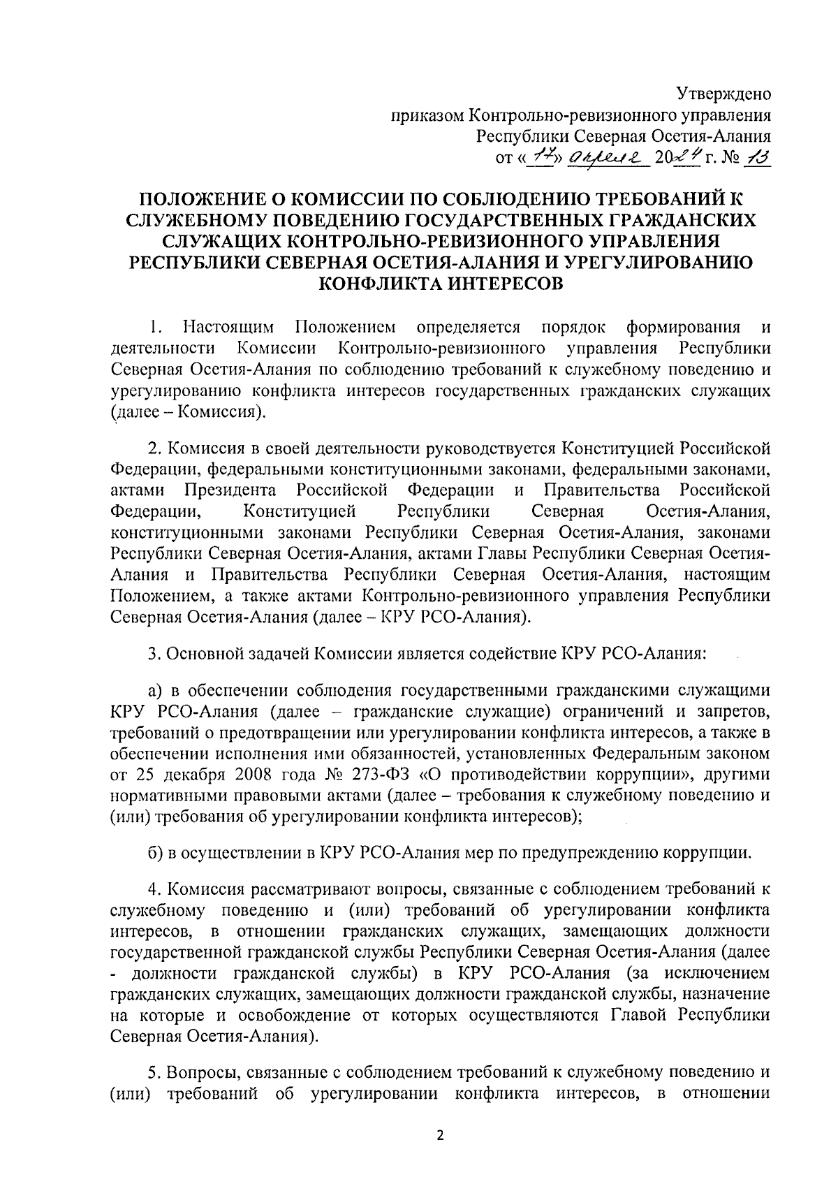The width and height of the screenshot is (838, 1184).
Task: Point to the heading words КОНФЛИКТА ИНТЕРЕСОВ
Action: point(440,284)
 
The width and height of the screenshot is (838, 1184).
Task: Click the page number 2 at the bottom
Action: point(440,1136)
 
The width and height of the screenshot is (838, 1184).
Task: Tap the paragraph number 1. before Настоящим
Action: point(155,327)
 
